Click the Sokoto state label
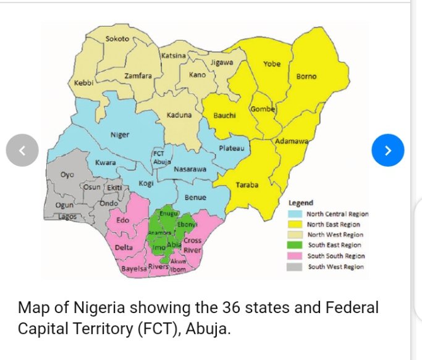tap(117, 39)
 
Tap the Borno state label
tap(306, 77)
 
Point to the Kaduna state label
tap(179, 115)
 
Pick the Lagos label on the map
tap(67, 217)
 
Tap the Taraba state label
tap(247, 185)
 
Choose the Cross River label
tap(192, 245)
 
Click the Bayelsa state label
tap(133, 269)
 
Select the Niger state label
tap(119, 135)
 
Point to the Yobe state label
tap(272, 64)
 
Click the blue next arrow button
tap(388, 150)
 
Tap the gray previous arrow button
tap(22, 150)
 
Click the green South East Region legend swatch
tap(296, 245)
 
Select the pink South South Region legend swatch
tap(296, 256)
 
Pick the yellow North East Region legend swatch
tap(296, 224)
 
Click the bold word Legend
tap(301, 203)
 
